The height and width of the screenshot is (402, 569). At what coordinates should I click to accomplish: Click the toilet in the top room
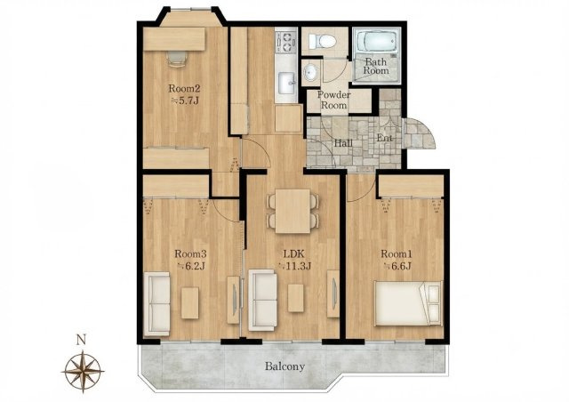pyautogui.click(x=323, y=41)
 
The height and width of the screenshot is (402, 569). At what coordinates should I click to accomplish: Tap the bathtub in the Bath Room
pyautogui.click(x=376, y=42)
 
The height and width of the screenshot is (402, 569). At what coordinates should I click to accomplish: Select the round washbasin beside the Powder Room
pyautogui.click(x=309, y=73)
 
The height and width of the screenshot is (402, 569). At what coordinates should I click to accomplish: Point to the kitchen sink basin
pyautogui.click(x=287, y=82)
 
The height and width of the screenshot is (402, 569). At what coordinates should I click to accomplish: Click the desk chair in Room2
pyautogui.click(x=177, y=58)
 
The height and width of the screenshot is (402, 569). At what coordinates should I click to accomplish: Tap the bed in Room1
pyautogui.click(x=408, y=303)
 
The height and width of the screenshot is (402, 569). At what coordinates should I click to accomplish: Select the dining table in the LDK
pyautogui.click(x=293, y=211)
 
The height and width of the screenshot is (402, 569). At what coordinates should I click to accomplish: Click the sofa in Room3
pyautogui.click(x=156, y=304)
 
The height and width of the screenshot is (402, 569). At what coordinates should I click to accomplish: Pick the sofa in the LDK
pyautogui.click(x=263, y=300)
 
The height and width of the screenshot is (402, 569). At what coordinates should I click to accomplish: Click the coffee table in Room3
pyautogui.click(x=189, y=303)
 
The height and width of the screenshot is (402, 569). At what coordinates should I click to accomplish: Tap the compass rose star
pyautogui.click(x=83, y=371)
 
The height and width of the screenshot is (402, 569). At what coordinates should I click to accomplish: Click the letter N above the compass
pyautogui.click(x=81, y=341)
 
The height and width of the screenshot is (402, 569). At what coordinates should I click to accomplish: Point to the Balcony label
pyautogui.click(x=284, y=366)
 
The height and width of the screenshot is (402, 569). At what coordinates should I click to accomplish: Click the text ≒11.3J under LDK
pyautogui.click(x=294, y=266)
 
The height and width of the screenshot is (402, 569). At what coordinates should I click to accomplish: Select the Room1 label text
pyautogui.click(x=397, y=253)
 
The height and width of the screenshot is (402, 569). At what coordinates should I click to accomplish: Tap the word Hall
pyautogui.click(x=343, y=143)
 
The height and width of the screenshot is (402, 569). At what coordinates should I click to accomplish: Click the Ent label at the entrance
pyautogui.click(x=385, y=138)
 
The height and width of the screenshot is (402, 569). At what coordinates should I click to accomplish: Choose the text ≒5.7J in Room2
pyautogui.click(x=185, y=100)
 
